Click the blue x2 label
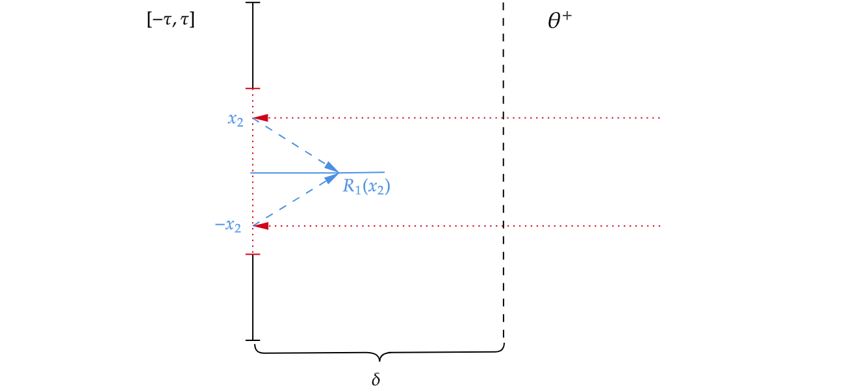point(235,120)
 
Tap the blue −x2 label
point(228,226)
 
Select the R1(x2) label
point(366,186)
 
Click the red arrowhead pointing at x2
point(261,118)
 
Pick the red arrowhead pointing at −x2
point(261,226)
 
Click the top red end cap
point(253,88)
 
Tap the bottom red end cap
point(253,254)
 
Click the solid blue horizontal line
point(292,173)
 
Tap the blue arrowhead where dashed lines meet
point(333,173)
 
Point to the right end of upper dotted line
point(660,118)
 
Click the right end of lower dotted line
point(660,226)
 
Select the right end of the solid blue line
point(384,173)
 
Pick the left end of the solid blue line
point(251,173)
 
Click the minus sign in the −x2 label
point(219,225)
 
